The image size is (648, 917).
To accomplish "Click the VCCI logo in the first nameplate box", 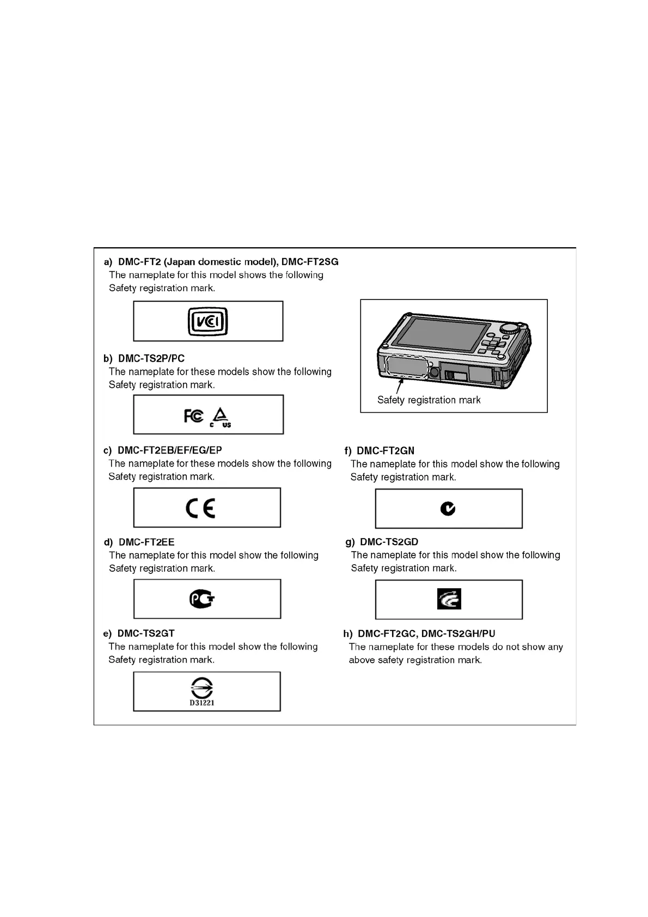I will click(x=207, y=321).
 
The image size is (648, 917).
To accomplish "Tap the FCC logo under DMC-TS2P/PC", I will click(x=193, y=417).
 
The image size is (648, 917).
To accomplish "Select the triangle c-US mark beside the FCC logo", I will click(x=221, y=417).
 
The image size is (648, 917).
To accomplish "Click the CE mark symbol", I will click(x=200, y=508).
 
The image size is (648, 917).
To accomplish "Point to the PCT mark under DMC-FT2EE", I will click(x=202, y=600).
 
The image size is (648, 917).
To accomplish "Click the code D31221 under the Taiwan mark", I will click(x=202, y=703).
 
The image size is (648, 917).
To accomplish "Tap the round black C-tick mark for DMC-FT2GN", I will click(x=448, y=509).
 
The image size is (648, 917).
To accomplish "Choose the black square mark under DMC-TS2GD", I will click(x=449, y=599).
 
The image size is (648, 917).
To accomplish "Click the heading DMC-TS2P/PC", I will click(x=151, y=358).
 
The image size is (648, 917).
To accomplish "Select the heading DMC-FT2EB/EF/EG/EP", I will click(x=170, y=450).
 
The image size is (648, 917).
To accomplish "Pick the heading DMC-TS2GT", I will click(x=146, y=633).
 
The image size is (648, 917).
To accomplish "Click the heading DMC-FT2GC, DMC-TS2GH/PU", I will click(x=426, y=633).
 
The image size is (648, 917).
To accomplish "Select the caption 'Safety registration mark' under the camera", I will click(x=429, y=400).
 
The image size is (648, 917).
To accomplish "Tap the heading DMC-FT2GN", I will click(x=386, y=451).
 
